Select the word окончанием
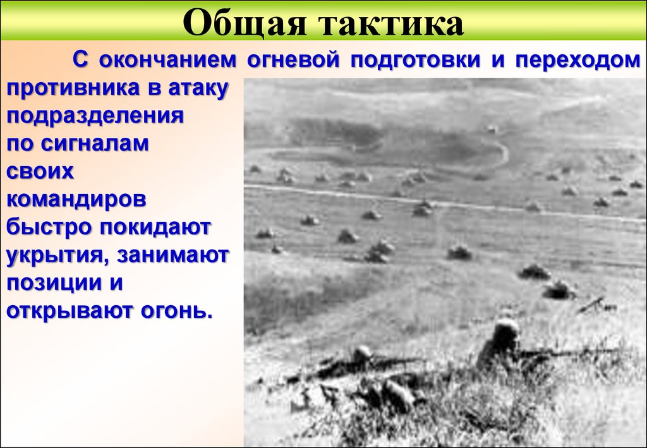coord(168,61)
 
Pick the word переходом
coord(577,61)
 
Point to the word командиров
coord(76,200)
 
